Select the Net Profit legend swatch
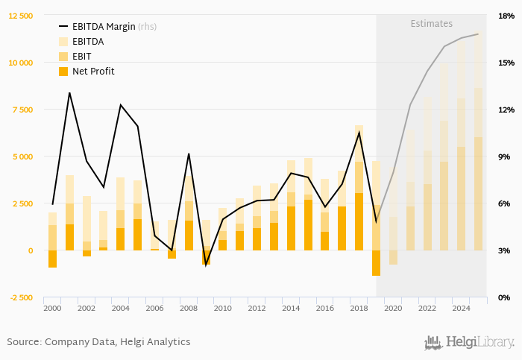(x=63, y=72)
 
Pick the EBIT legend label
(x=83, y=57)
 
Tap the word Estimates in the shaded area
(x=432, y=24)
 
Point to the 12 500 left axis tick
(x=21, y=16)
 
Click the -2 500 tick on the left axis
(x=21, y=297)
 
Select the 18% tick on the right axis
(x=506, y=16)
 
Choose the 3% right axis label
(x=506, y=250)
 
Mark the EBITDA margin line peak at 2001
(x=69, y=93)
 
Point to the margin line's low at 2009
(x=206, y=263)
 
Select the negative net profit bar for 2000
(x=52, y=259)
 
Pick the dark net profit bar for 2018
(x=359, y=221)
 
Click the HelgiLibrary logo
(x=468, y=342)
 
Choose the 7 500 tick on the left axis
(x=21, y=110)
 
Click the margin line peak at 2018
(x=359, y=132)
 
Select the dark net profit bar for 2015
(x=308, y=225)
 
